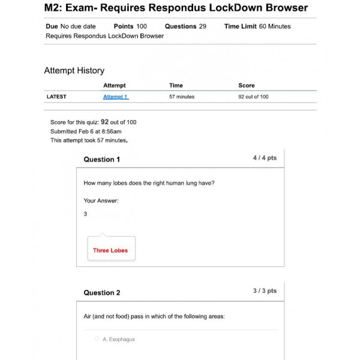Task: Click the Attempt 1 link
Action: (115, 97)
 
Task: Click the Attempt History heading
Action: (74, 71)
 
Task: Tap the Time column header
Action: (176, 85)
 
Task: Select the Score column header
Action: (246, 85)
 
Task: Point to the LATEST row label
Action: (56, 97)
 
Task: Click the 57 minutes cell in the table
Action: (181, 97)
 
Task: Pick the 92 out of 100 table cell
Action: (253, 97)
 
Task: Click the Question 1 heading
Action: (101, 160)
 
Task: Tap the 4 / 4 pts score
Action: (265, 158)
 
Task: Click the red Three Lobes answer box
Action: (110, 250)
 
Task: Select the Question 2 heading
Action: (101, 293)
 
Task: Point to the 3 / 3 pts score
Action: (265, 291)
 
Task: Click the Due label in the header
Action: (52, 26)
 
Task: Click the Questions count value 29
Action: (202, 26)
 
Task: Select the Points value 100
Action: (141, 26)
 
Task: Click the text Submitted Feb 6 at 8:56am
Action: (86, 131)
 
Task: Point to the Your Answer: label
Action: (101, 200)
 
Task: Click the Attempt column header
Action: (114, 85)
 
